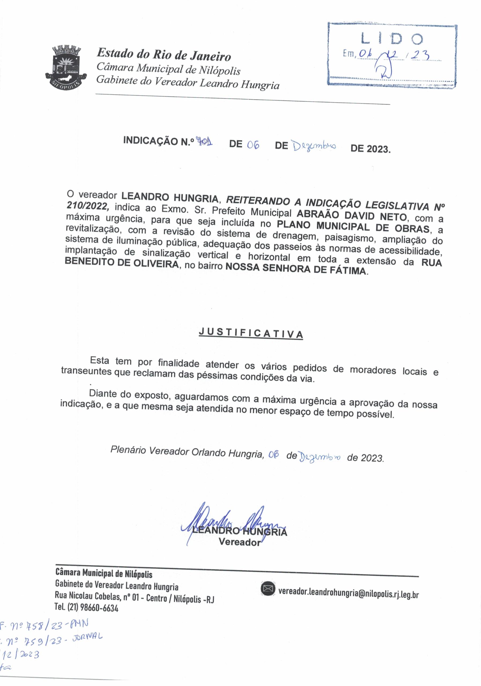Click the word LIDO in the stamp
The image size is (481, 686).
[x=392, y=39]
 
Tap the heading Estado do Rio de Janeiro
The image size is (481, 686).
[x=164, y=54]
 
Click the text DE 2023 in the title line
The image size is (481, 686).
[x=370, y=148]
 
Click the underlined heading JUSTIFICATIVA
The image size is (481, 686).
[x=251, y=333]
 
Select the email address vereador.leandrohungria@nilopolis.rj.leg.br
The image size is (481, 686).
[x=348, y=592]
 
